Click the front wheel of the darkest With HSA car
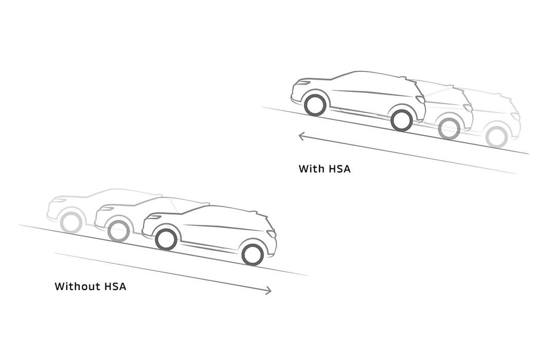point(315,105)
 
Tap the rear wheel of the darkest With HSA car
point(401,120)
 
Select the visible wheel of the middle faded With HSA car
point(449,129)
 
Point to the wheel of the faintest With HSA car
point(497,137)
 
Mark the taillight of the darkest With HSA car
point(421,100)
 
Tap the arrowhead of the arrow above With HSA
point(301,136)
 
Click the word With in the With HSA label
point(310,168)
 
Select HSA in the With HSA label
point(338,168)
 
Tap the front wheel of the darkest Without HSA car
point(166,239)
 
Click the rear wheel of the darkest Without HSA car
point(252,255)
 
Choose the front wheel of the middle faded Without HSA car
point(119,231)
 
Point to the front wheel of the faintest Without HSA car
point(71,223)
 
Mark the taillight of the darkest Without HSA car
point(271,234)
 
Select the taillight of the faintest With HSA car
point(515,116)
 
